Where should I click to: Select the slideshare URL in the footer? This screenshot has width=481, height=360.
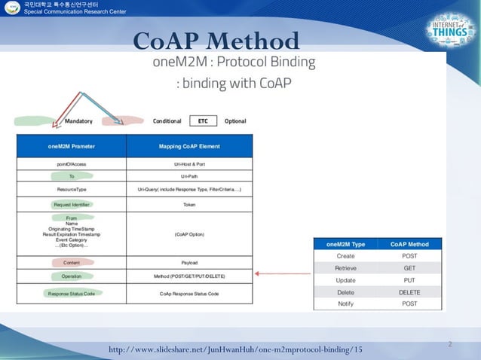point(235,349)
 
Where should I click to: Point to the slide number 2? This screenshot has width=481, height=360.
point(449,344)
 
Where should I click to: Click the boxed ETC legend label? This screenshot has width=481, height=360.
point(203,121)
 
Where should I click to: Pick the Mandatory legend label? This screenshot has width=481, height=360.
point(79,121)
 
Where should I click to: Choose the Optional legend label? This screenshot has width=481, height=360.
point(235,121)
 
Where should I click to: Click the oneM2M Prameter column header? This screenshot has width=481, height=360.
point(72,145)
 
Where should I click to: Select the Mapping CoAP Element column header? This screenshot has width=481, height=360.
point(189,145)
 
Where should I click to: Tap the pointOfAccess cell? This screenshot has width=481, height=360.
point(72,163)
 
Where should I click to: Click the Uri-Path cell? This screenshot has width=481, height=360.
point(189,175)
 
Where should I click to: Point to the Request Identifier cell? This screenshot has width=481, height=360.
point(72,204)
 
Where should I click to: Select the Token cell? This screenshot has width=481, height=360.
point(189,204)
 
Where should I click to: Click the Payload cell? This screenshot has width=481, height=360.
point(189,263)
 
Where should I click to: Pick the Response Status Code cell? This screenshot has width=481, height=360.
point(72,293)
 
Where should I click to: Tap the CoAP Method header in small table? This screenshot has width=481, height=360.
point(409,244)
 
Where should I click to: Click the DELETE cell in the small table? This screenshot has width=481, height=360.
point(409,291)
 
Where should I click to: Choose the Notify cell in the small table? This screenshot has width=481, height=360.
point(345,304)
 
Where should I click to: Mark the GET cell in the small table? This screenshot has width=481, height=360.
point(409,267)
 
